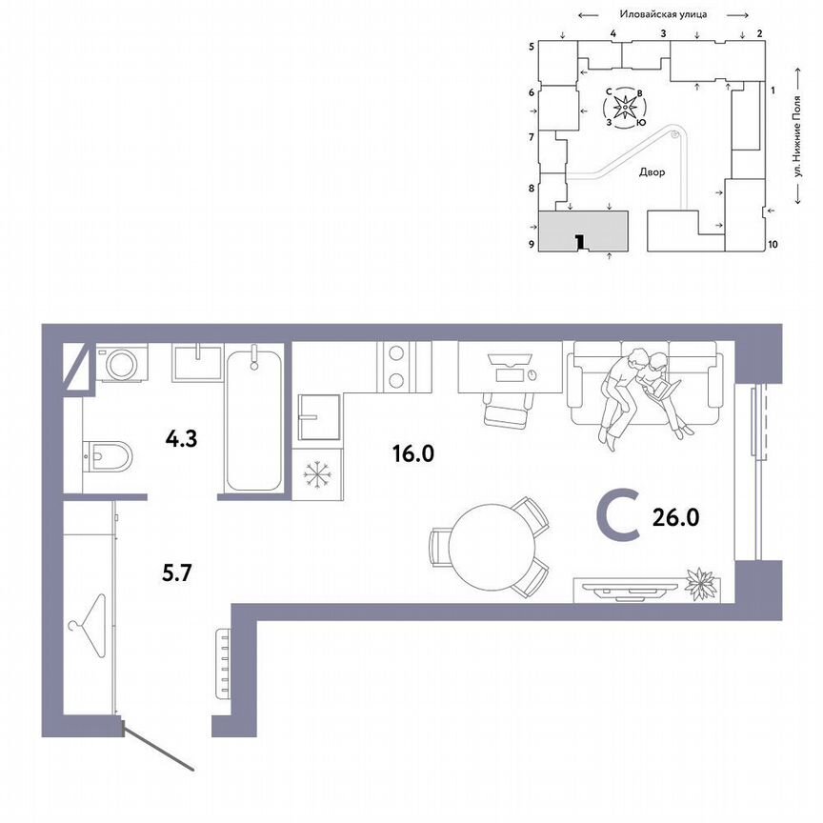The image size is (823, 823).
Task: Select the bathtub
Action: click(x=254, y=419)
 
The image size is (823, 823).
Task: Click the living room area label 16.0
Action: click(x=412, y=453)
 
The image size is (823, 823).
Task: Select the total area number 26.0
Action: click(x=676, y=516)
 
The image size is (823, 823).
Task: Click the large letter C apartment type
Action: click(x=616, y=516)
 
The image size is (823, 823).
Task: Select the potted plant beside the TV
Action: click(x=702, y=584)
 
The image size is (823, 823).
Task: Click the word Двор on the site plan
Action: click(x=652, y=173)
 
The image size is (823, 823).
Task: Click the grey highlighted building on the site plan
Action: click(x=583, y=231)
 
